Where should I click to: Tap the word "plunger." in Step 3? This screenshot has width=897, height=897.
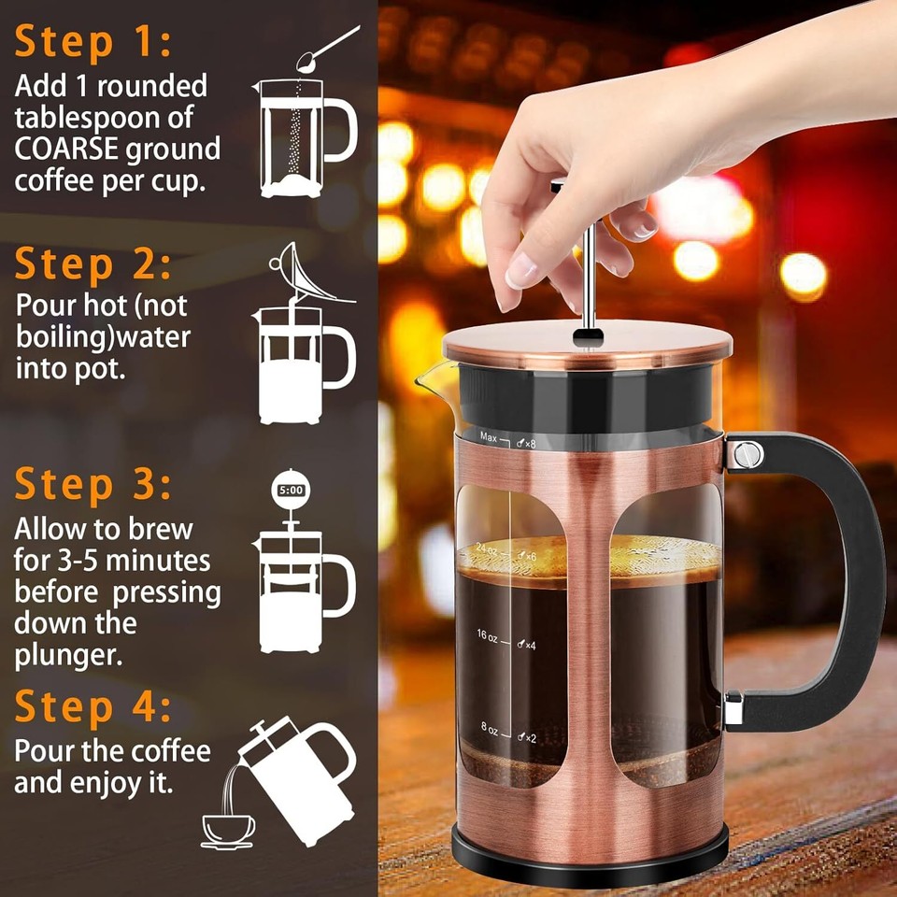(x=67, y=654)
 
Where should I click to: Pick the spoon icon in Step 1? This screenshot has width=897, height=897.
(x=326, y=49)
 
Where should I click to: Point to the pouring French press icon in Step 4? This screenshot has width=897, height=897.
(x=297, y=764)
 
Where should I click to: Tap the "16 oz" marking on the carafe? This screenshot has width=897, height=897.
(x=488, y=635)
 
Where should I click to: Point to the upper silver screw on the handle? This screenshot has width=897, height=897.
(x=746, y=455)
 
